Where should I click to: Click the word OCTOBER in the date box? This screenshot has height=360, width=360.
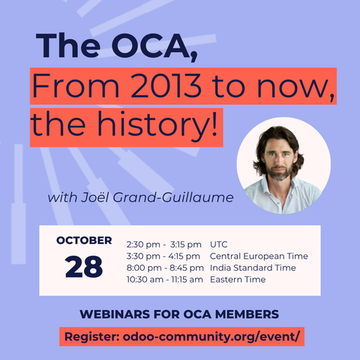[x=84, y=241]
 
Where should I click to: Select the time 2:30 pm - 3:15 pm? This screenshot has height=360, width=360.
[x=164, y=244]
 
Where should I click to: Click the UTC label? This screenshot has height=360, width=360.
[x=220, y=244]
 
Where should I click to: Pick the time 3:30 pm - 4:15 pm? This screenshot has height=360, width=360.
[x=164, y=256]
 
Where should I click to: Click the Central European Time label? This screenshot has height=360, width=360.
[x=256, y=256]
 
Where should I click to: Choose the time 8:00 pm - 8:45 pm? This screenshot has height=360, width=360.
[x=165, y=268]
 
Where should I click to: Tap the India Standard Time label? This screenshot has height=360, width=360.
[x=253, y=268]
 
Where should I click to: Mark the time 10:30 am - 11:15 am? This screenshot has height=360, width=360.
[x=165, y=280]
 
